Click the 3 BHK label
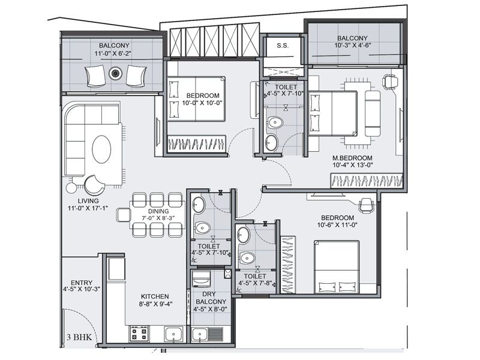pos(79,337)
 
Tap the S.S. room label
pos(282,46)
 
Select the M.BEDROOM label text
pos(352,158)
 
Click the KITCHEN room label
pos(155,296)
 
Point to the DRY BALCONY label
pos(211,298)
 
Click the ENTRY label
pos(82,283)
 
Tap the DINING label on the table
pos(158,211)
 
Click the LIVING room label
pos(88,201)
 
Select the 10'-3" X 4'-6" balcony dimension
pos(352,46)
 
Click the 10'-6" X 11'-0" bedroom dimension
pos(338,225)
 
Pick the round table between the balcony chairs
pos(115,73)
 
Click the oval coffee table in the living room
pos(101,149)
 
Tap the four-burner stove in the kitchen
pos(139,333)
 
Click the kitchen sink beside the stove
pos(174,334)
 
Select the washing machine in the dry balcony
pos(201,278)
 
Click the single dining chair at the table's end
pos(124,215)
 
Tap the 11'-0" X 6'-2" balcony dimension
pos(113,53)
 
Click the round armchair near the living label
pos(94,185)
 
